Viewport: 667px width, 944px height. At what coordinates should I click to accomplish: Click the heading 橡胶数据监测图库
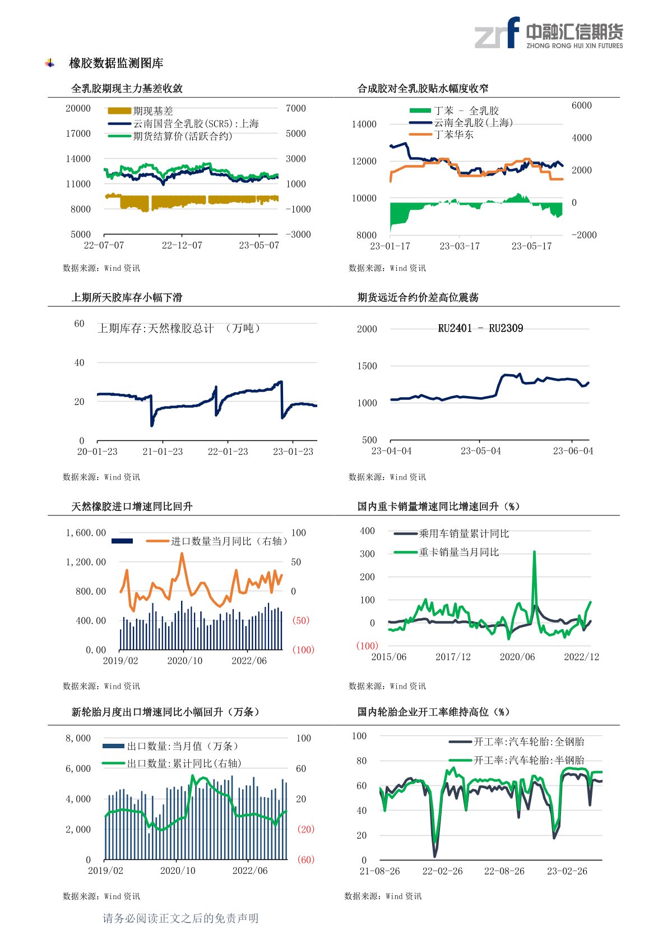[x=116, y=63]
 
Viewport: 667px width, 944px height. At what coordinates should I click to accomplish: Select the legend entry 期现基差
[x=152, y=111]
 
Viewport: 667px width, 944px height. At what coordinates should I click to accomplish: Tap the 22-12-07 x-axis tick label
[x=182, y=246]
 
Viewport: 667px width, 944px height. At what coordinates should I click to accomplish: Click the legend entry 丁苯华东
[x=453, y=135]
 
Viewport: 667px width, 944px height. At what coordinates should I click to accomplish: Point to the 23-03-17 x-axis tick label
[x=459, y=246]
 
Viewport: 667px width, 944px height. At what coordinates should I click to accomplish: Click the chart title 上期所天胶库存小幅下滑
[x=127, y=297]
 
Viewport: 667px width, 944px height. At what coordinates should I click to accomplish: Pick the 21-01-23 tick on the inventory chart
[x=163, y=452]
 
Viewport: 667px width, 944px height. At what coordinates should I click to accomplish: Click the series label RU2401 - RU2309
[x=480, y=329]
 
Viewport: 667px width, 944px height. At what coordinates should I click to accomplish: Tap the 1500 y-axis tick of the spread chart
[x=367, y=366]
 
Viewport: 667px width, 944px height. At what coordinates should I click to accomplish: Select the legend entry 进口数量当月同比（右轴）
[x=229, y=541]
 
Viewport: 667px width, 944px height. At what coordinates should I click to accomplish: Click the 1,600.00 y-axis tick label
[x=86, y=533]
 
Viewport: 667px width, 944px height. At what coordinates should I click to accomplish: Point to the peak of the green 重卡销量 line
[x=534, y=552]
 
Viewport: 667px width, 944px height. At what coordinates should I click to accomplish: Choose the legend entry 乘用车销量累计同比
[x=464, y=533]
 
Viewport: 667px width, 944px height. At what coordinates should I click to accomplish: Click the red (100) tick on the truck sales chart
[x=367, y=646]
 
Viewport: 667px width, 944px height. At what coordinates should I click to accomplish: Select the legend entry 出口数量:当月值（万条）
[x=183, y=746]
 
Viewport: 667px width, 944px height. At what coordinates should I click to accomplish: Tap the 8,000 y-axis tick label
[x=78, y=738]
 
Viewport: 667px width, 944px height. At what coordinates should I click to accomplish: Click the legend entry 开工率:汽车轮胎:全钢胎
[x=529, y=742]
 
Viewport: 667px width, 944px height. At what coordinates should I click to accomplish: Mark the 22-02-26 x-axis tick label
[x=442, y=871]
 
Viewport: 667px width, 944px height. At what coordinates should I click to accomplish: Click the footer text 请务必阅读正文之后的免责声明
[x=180, y=918]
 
